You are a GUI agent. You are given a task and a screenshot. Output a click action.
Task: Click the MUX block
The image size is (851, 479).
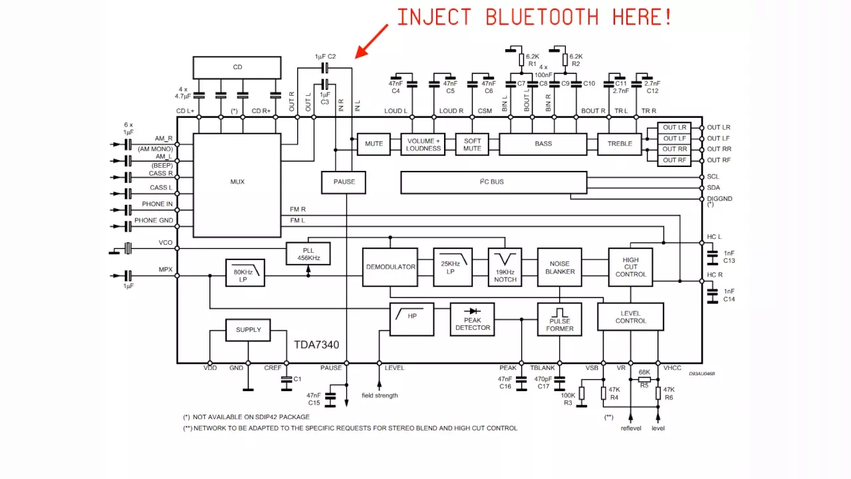click(237, 182)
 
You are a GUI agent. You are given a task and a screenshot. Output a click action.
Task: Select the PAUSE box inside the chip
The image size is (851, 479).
click(344, 182)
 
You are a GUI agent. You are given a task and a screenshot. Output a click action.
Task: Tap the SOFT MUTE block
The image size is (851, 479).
click(472, 144)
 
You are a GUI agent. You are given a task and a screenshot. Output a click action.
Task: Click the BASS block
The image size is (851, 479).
click(543, 144)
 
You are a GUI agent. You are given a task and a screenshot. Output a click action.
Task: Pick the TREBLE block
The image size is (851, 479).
click(619, 144)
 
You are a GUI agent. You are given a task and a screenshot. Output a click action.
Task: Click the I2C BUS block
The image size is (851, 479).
click(493, 182)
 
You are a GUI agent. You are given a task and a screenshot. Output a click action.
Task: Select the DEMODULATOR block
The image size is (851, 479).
click(390, 267)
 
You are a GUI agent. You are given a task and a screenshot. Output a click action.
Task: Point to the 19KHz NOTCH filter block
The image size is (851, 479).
click(505, 267)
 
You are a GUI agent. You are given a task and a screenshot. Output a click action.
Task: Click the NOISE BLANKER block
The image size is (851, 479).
click(560, 267)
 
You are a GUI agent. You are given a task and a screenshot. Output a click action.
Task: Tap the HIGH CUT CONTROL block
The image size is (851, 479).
click(630, 267)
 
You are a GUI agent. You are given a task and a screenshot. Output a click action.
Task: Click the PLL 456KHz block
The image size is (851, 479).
click(308, 253)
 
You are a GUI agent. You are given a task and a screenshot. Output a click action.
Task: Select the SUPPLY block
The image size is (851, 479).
click(248, 330)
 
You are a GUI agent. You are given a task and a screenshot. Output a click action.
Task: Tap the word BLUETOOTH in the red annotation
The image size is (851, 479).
click(542, 17)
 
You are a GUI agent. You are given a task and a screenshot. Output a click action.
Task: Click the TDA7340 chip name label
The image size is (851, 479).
click(316, 345)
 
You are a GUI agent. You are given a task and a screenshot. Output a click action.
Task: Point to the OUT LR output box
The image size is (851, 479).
click(674, 128)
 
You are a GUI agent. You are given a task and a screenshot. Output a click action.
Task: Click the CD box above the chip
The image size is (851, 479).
click(237, 67)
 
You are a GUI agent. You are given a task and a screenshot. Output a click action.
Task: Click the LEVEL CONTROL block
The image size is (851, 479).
click(630, 317)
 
